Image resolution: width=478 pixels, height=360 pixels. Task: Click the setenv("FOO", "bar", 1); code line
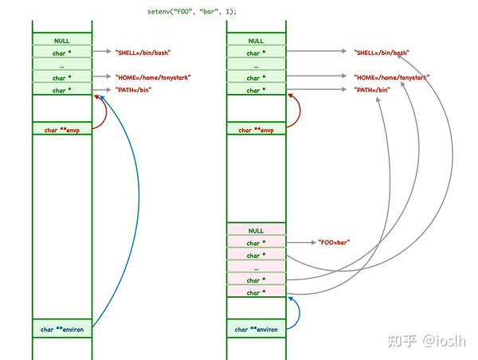tap(192, 12)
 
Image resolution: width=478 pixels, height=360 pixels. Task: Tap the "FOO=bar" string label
tap(334, 242)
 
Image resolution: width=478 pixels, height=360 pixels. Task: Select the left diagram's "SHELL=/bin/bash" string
tap(143, 53)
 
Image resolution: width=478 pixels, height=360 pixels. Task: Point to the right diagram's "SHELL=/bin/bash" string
tap(382, 53)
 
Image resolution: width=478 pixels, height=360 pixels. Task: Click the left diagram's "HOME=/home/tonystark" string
tap(153, 78)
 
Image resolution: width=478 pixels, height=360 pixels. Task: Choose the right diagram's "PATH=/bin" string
tap(372, 90)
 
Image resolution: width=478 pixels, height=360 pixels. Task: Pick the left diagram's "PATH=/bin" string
tap(133, 90)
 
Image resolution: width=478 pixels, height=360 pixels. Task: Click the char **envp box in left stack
tap(62, 128)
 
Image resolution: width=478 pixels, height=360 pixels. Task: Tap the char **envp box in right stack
tap(257, 128)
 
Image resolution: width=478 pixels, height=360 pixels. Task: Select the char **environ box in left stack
tap(62, 328)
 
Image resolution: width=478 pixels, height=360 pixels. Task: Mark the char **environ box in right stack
tap(257, 328)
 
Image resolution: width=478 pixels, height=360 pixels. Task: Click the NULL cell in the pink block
tap(257, 229)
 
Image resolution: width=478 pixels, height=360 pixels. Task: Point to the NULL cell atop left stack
tap(62, 39)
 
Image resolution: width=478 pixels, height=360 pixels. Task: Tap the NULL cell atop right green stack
tap(257, 39)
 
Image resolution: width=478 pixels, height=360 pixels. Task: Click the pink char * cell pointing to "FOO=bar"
tap(257, 242)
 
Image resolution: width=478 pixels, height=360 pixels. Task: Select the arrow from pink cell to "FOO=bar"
tap(301, 243)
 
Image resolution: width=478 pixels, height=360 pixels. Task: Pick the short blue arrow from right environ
tap(300, 312)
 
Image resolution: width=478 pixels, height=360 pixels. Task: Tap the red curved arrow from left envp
tap(106, 112)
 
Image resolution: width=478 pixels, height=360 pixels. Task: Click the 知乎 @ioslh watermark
tap(426, 341)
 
